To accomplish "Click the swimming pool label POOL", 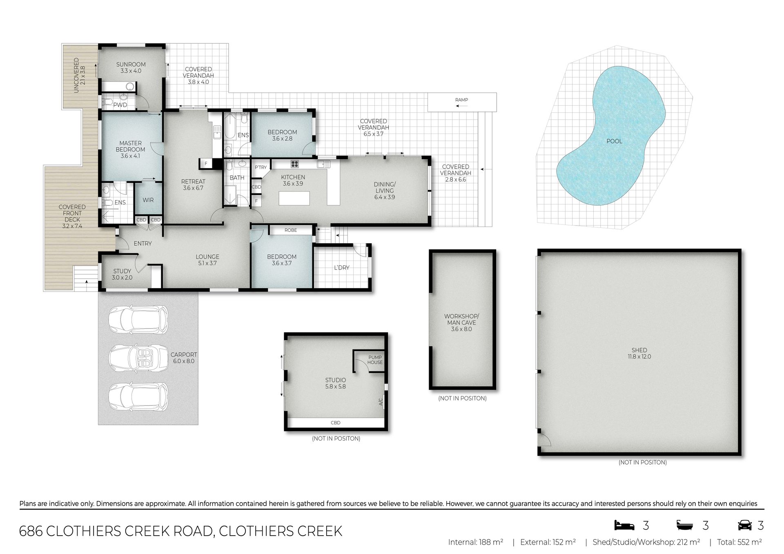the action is pos(614,141).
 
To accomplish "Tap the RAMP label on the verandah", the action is pos(461,100).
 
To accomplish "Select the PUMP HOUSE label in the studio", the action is pos(375,360).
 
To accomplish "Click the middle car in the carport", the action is pos(139,358).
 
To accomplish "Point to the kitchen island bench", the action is pos(294,199).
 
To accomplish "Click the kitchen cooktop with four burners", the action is pos(295,164).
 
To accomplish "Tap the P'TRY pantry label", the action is pos(261,167).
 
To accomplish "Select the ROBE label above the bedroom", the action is pos(291,230).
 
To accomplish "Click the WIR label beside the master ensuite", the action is pos(148,200).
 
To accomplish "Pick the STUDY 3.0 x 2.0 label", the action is pos(122,274).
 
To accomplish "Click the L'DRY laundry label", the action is pos(342,268).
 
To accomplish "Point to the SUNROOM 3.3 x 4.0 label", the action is pos(131,67).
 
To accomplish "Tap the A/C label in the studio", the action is pos(381,402).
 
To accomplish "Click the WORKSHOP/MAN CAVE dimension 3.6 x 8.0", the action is pos(461,329).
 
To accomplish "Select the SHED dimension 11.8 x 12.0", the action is pos(639,356).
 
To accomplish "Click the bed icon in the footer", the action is pos(624,525).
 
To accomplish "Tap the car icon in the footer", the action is pos(745,525).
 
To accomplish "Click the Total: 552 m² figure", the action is pos(739,542).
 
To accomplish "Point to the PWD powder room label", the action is pos(120,105).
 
